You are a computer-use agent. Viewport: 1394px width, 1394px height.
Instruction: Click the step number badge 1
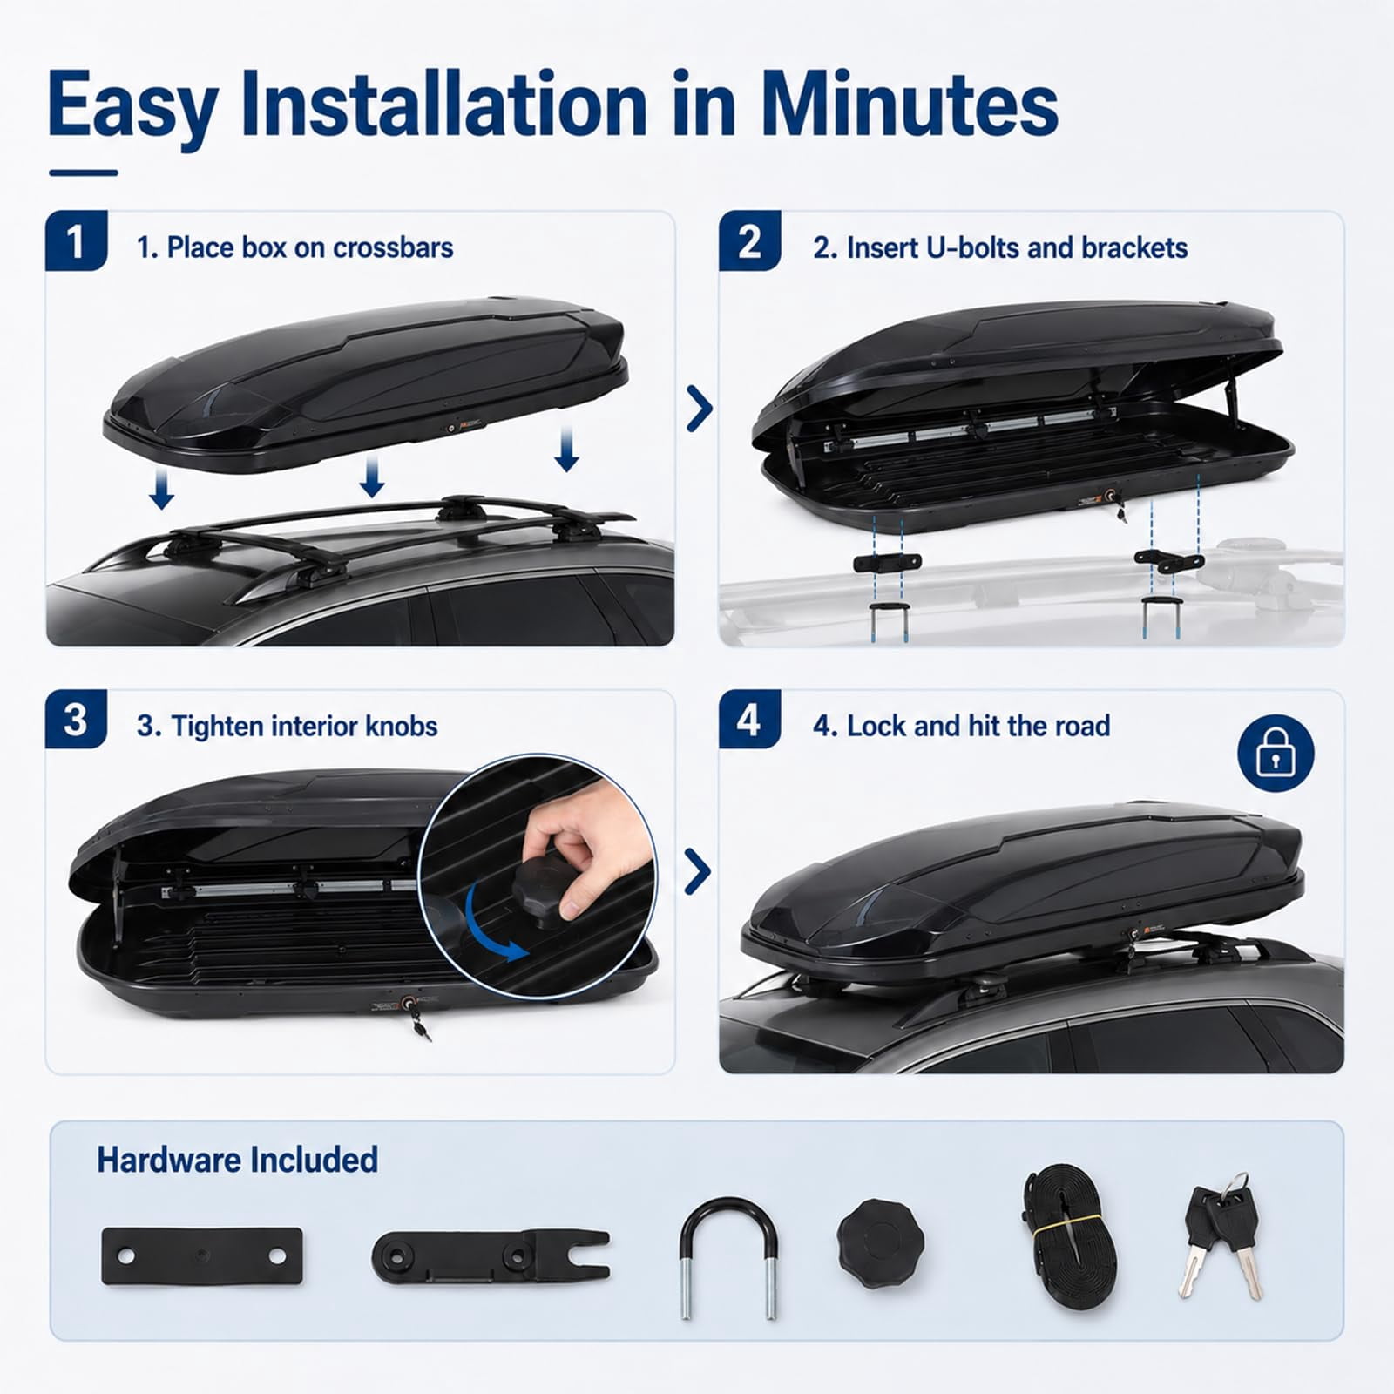[77, 240]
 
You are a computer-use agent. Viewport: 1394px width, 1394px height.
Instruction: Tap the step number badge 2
[749, 240]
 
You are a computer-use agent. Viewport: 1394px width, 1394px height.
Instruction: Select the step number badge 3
[77, 720]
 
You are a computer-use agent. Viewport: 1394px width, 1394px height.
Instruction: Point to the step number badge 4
[749, 720]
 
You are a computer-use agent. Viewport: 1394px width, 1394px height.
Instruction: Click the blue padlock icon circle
[1276, 753]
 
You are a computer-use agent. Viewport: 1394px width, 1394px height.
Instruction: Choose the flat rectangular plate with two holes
[202, 1255]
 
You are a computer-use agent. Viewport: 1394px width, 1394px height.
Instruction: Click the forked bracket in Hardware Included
[491, 1256]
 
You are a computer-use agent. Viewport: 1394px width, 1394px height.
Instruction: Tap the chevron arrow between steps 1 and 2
[699, 409]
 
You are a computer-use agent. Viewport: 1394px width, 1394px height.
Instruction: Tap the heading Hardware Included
[237, 1161]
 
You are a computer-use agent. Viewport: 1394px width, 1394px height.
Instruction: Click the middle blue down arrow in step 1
[372, 476]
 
